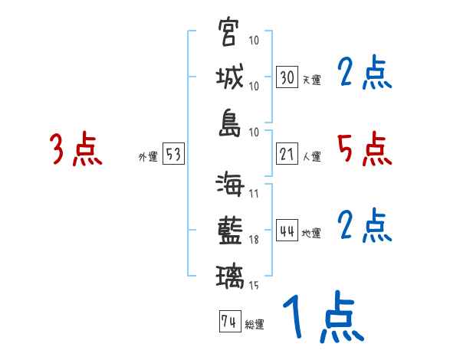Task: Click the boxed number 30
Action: click(x=287, y=77)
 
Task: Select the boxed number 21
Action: click(x=287, y=154)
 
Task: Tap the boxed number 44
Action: click(x=287, y=231)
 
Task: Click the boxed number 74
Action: click(x=229, y=321)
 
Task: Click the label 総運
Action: click(x=255, y=324)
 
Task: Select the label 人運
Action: click(x=312, y=156)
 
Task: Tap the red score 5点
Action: click(x=364, y=149)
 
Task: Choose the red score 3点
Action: click(x=76, y=149)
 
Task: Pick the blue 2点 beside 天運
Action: click(x=364, y=74)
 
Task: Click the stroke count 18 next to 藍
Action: click(x=255, y=240)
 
